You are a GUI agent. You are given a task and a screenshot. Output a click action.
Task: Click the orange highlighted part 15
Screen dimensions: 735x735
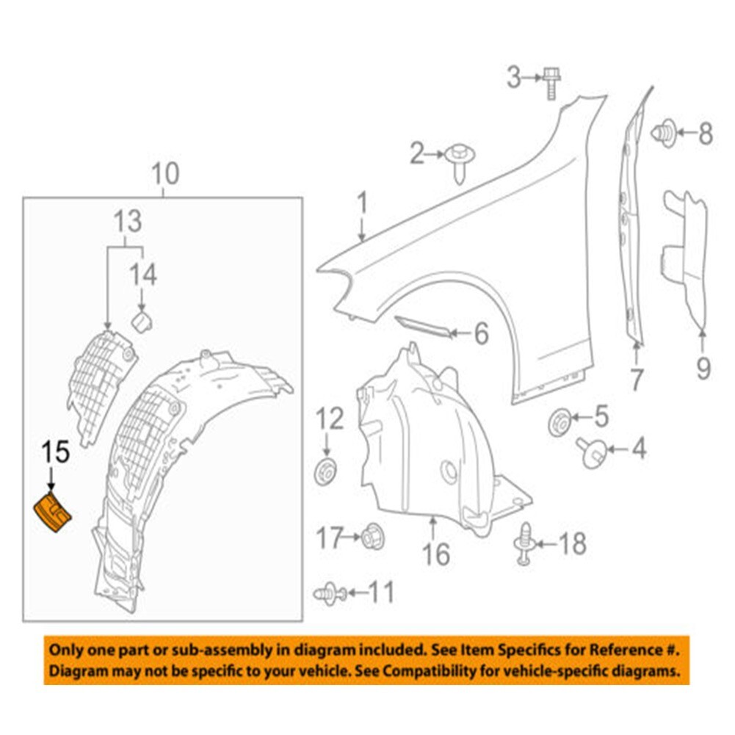[53, 513]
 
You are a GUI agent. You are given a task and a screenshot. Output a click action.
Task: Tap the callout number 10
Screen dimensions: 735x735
[165, 175]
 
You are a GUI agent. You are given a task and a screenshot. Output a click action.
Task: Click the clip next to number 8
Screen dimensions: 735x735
[663, 132]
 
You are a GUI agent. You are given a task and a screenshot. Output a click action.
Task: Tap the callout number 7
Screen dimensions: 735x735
[636, 380]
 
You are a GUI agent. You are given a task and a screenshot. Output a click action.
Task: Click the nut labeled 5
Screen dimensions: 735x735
[560, 423]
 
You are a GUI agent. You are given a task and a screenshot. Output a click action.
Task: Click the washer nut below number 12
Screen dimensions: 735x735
[325, 471]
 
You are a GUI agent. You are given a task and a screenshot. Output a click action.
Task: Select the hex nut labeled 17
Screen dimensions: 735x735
[372, 538]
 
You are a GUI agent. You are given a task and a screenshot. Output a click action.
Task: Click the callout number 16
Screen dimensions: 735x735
[437, 554]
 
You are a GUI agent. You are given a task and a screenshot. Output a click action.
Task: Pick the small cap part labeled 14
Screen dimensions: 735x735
[141, 321]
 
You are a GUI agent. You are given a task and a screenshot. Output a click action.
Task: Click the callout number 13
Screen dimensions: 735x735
[127, 220]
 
